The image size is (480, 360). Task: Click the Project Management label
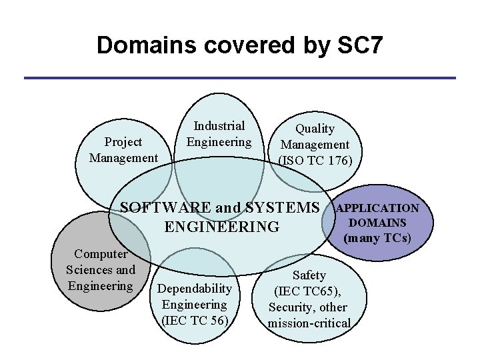(123, 150)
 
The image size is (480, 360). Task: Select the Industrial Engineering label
(219, 133)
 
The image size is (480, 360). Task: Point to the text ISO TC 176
(315, 160)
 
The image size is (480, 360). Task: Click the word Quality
(315, 128)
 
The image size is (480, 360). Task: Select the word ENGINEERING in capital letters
(222, 227)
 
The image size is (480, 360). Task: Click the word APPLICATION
(377, 209)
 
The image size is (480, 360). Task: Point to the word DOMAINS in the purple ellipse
(377, 223)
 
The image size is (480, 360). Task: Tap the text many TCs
(377, 237)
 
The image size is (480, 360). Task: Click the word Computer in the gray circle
(101, 254)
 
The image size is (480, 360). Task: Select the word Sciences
(91, 270)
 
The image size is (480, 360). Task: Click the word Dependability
(195, 289)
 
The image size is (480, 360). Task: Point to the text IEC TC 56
(195, 321)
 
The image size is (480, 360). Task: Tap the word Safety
(309, 275)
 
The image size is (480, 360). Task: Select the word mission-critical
(309, 323)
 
